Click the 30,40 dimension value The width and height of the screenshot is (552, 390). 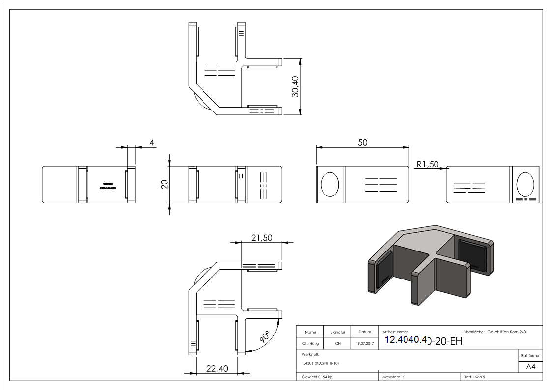(x=295, y=86)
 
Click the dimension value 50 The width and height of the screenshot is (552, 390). (x=362, y=142)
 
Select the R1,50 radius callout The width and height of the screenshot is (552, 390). (x=427, y=165)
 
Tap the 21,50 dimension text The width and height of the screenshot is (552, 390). (x=261, y=238)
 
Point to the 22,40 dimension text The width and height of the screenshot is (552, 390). (x=217, y=369)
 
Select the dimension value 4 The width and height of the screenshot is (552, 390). (x=152, y=143)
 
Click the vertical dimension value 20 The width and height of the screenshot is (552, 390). (x=165, y=184)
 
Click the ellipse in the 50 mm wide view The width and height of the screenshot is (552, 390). (x=330, y=185)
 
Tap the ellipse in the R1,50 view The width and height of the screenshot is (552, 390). (x=525, y=184)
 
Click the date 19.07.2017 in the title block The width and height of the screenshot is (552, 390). (x=364, y=343)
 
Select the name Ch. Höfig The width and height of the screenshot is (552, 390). (x=310, y=343)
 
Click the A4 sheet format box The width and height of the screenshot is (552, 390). (x=531, y=366)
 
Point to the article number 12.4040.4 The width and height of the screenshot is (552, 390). (x=406, y=340)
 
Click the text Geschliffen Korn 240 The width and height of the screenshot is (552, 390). (x=506, y=332)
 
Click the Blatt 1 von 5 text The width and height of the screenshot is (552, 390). (x=474, y=377)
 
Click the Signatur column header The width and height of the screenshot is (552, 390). (x=338, y=333)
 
